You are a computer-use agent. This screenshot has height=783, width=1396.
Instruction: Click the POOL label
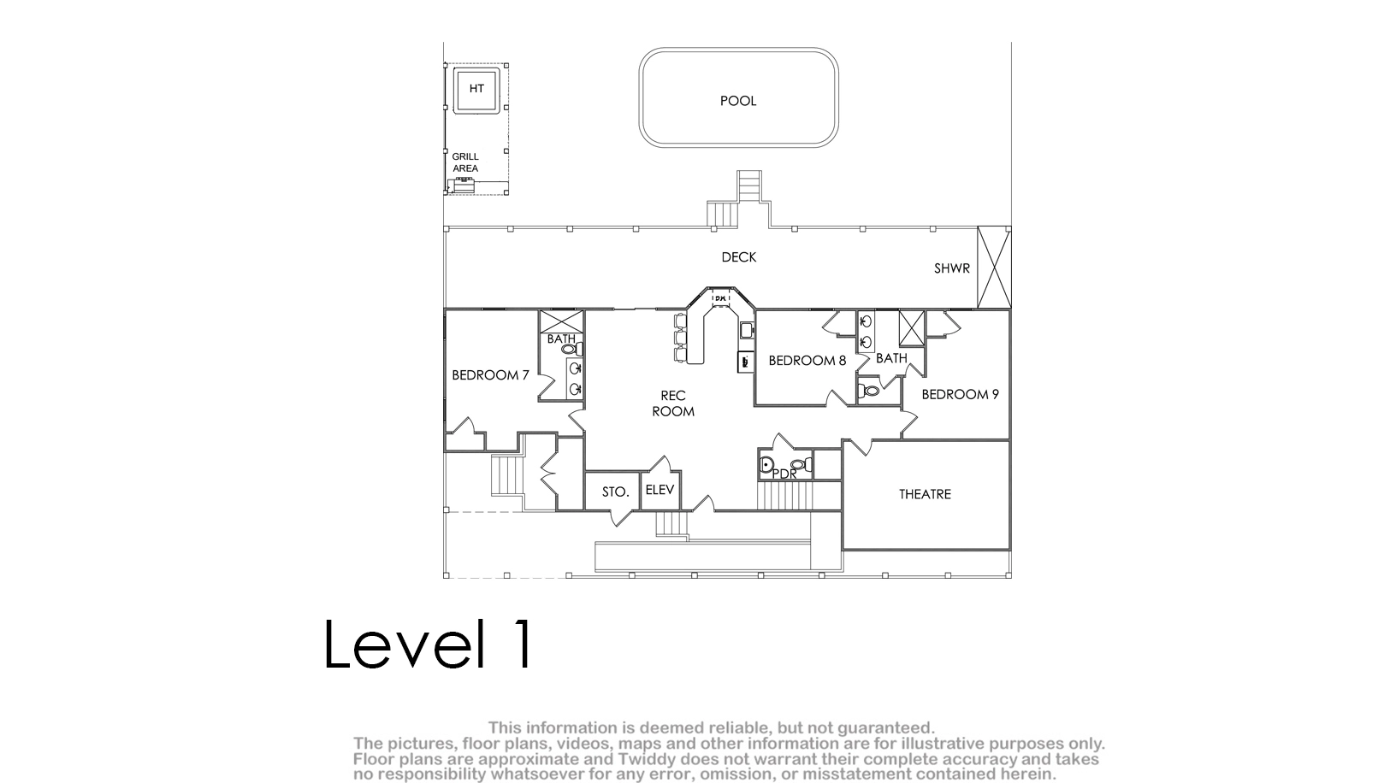tap(738, 101)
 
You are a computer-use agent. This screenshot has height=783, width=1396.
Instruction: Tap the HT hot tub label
tap(476, 88)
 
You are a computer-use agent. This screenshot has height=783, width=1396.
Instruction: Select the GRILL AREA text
tap(465, 162)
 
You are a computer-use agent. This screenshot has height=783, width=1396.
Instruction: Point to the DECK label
tap(738, 257)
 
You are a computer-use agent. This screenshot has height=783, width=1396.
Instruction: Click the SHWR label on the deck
tap(952, 268)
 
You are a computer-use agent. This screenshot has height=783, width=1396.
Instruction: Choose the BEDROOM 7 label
tap(490, 375)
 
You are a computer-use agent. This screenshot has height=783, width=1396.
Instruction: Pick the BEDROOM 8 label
tap(807, 361)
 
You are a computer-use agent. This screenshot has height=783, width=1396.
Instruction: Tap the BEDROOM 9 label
tap(960, 394)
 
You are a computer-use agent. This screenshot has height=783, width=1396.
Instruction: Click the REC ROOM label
tap(673, 403)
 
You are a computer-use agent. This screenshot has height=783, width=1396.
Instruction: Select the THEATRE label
tap(925, 495)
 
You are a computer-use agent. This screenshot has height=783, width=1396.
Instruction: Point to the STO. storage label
tap(615, 492)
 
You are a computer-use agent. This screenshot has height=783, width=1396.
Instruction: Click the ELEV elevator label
tap(660, 490)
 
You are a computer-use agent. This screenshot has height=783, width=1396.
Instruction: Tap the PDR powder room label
tap(784, 474)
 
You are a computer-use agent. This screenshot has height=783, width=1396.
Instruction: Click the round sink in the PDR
tap(766, 465)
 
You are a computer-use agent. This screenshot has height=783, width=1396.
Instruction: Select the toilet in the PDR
tap(801, 464)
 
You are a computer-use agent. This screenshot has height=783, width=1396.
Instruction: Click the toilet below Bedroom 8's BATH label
tap(868, 391)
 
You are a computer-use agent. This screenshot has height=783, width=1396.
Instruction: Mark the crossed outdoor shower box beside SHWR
tap(994, 268)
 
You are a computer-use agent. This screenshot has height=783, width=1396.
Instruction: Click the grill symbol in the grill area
tap(464, 185)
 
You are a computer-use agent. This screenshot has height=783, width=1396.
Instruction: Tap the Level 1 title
tap(429, 644)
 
